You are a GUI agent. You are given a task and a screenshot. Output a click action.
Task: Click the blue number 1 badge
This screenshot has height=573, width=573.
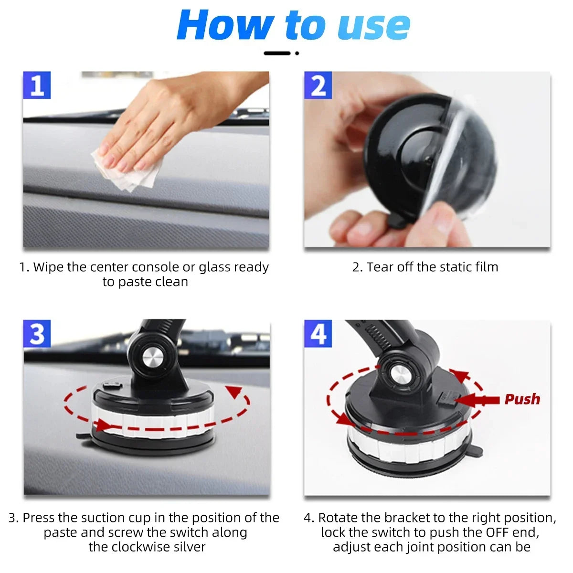(37, 86)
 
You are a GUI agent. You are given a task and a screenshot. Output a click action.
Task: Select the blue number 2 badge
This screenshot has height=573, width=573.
(318, 86)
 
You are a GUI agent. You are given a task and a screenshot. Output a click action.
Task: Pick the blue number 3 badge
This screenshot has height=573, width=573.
(37, 334)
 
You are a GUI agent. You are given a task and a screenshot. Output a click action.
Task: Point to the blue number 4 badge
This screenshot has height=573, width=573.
(318, 334)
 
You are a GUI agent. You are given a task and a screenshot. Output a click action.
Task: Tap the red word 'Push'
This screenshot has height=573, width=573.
(522, 399)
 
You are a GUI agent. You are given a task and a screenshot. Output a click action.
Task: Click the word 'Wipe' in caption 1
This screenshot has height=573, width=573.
(49, 267)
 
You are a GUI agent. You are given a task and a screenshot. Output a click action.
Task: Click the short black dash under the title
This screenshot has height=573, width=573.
(277, 53)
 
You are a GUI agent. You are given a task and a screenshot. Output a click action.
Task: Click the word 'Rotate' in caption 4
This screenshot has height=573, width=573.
(339, 518)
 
